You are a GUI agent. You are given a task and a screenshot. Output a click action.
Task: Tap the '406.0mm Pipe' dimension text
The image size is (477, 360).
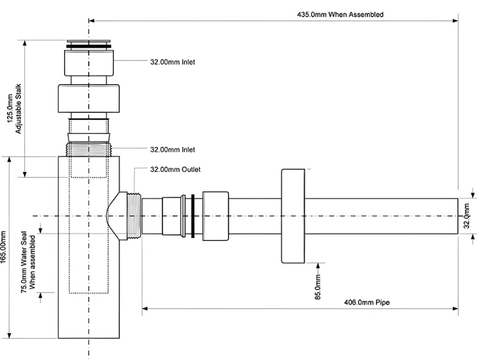[367, 302]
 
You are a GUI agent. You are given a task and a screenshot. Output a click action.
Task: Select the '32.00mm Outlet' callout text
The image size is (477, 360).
[175, 170]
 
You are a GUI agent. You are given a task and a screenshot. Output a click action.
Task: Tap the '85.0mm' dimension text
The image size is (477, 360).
[318, 287]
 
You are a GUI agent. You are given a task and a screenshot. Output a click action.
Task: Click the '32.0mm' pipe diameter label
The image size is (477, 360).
[467, 216]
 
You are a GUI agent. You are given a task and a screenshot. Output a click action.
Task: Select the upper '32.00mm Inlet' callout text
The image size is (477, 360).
[172, 61]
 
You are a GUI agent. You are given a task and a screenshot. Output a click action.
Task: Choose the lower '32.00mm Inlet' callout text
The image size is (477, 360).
[172, 150]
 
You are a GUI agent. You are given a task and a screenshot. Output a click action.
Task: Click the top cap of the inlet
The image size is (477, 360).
[89, 44]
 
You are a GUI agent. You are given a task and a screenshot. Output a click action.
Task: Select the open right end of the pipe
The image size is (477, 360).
[456, 216]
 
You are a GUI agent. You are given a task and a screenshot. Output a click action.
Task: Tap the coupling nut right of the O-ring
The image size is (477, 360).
[215, 216]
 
